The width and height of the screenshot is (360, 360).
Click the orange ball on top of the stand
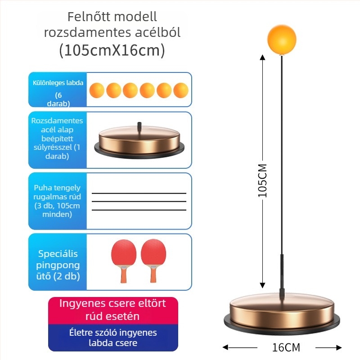(282, 40)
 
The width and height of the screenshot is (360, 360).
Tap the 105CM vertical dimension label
(263, 181)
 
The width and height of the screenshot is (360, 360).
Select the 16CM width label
(286, 347)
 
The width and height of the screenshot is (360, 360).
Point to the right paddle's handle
(153, 274)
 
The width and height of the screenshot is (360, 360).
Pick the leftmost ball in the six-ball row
(97, 90)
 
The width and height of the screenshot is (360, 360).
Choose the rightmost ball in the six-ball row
(181, 90)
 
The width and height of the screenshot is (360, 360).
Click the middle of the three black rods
(139, 202)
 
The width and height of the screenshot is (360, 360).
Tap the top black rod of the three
(139, 193)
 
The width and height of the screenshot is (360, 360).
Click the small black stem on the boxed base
(139, 127)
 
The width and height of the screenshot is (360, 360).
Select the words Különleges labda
(58, 83)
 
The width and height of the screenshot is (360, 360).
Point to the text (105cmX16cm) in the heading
(112, 50)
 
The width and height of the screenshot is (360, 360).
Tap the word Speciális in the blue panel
(58, 254)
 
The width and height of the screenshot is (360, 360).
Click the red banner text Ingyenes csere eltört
(112, 303)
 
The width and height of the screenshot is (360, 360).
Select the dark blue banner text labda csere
(113, 343)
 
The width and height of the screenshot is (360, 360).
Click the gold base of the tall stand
(282, 313)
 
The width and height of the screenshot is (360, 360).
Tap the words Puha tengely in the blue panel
(57, 188)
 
